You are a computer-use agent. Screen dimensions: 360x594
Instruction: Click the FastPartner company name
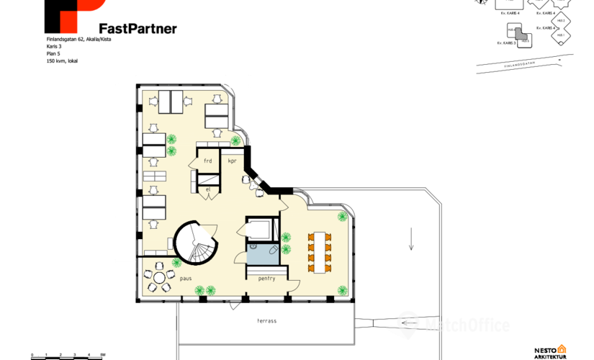[138, 28]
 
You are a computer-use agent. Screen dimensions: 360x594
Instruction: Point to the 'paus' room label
[185, 277]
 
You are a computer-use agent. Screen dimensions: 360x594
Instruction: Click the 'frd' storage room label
[208, 161]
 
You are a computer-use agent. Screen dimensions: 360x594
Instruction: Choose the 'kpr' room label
[232, 161]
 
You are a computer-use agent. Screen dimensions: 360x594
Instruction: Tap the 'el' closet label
[208, 189]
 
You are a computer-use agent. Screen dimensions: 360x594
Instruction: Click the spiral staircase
[194, 242]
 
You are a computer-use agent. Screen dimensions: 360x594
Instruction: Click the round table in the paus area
[160, 279]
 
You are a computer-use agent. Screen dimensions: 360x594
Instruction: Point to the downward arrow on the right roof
[411, 238]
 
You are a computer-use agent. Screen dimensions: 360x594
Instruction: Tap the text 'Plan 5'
[54, 53]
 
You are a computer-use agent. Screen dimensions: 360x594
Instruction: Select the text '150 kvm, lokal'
[62, 61]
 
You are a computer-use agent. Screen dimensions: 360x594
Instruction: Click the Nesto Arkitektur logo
[551, 352]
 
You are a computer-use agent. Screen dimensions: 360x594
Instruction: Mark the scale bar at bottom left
[68, 356]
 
